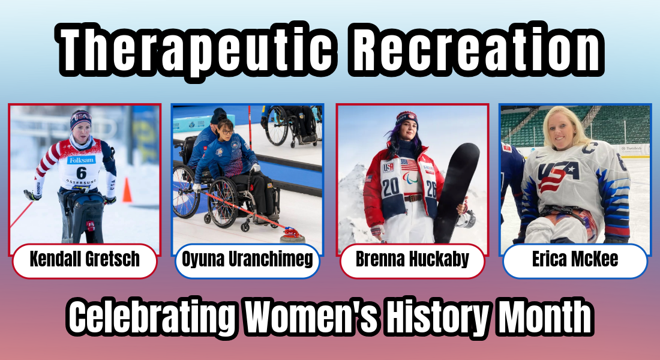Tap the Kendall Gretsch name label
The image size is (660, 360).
coord(85,260)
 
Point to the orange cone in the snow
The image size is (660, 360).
coord(127,191)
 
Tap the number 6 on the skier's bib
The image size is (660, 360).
coord(81,173)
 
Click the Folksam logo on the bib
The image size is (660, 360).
coord(81,160)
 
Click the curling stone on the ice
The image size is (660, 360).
coord(292,234)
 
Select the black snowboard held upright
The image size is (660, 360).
coord(457,192)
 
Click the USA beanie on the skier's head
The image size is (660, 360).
coord(80,118)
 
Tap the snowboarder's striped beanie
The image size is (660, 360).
coord(406,117)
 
